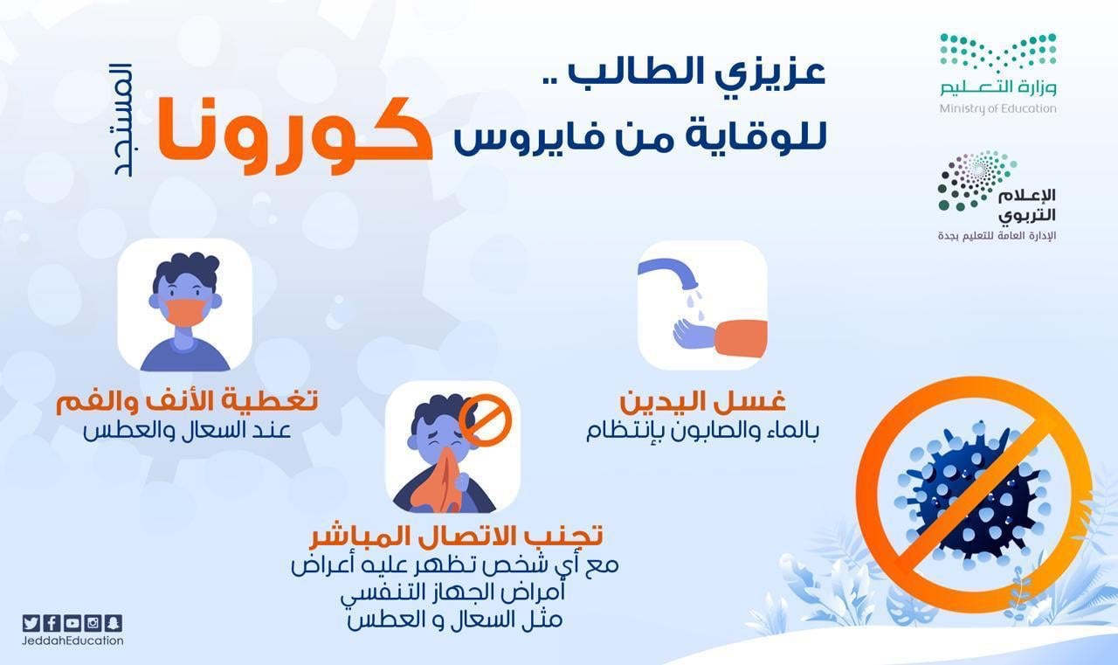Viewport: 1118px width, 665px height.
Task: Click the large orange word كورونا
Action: tap(294, 135)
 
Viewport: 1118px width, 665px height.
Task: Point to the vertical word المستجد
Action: tap(123, 120)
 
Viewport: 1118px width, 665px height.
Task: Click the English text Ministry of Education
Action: tap(997, 108)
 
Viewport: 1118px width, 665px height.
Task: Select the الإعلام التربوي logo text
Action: tap(1027, 205)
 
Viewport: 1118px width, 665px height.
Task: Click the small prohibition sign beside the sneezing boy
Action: tap(485, 419)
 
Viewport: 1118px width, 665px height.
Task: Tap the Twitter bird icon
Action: tap(31, 623)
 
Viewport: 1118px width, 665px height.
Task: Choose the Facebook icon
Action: tap(52, 623)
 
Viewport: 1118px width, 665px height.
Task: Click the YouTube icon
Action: tap(72, 623)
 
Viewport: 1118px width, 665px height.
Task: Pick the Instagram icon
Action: tap(93, 623)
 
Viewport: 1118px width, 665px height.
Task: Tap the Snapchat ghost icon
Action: tap(114, 623)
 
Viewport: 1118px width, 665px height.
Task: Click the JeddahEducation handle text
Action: tap(72, 641)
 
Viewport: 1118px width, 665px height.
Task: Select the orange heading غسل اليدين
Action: tap(703, 401)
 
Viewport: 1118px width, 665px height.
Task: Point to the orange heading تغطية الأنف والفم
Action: tap(187, 402)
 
